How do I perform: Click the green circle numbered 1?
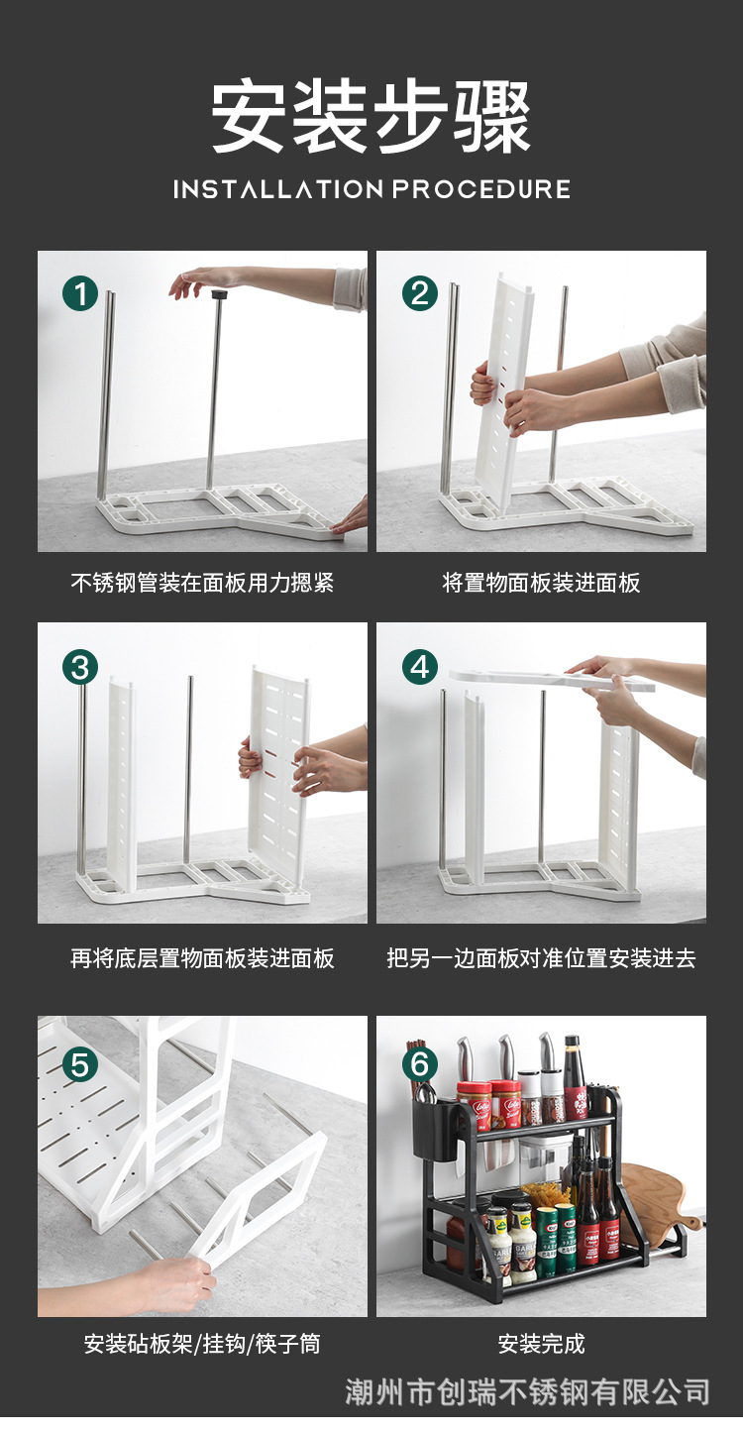(x=80, y=293)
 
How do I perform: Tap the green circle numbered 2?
(x=419, y=293)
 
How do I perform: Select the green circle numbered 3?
(x=80, y=667)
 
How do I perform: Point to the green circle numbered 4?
(x=419, y=667)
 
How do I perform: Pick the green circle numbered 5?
(x=80, y=1065)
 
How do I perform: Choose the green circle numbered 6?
(x=419, y=1065)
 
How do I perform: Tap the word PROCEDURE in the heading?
(x=480, y=189)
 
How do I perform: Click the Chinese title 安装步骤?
(x=371, y=116)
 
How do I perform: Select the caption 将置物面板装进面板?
(x=541, y=583)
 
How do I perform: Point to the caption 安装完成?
(x=541, y=1344)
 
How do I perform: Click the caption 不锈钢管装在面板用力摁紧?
(x=202, y=583)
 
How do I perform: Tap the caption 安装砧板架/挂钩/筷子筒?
(x=202, y=1344)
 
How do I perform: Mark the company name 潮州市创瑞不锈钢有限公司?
(x=527, y=1392)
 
